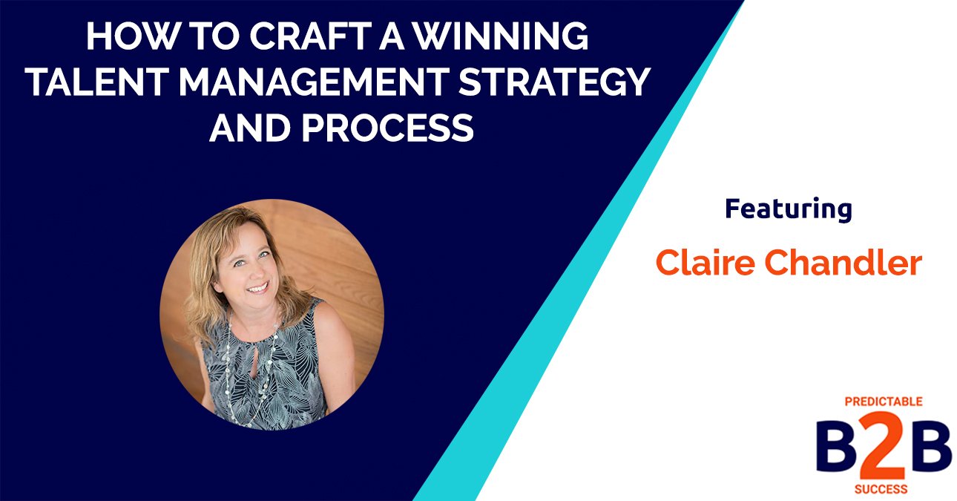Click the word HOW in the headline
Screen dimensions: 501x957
click(121, 37)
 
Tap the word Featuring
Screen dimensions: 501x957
click(788, 210)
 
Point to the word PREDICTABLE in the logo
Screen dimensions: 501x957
click(884, 402)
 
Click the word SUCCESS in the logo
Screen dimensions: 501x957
click(884, 490)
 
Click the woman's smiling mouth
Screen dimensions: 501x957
click(257, 286)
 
